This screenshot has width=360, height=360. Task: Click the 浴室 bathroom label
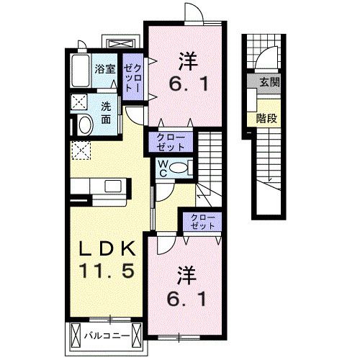[105, 69]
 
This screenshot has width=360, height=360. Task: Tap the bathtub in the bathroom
[81, 71]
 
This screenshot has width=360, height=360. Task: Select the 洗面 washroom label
[106, 113]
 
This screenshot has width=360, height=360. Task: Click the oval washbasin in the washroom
[86, 125]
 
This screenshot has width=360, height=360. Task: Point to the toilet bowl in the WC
[179, 168]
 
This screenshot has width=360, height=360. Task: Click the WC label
[163, 168]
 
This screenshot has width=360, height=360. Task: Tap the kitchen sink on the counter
[113, 185]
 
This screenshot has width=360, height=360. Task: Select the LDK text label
[107, 248]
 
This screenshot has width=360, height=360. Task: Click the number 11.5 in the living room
[107, 271]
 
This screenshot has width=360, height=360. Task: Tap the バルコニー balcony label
[107, 336]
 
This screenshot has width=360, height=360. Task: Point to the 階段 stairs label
[266, 118]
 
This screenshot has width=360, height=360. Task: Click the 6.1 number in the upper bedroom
[188, 84]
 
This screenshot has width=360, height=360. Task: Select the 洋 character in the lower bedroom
[187, 276]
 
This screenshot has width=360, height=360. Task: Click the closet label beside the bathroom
[132, 78]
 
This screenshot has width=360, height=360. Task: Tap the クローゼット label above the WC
[171, 142]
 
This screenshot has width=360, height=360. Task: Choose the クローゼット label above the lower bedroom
[202, 222]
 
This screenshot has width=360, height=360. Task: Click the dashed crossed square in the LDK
[81, 150]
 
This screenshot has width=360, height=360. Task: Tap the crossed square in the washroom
[79, 102]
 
